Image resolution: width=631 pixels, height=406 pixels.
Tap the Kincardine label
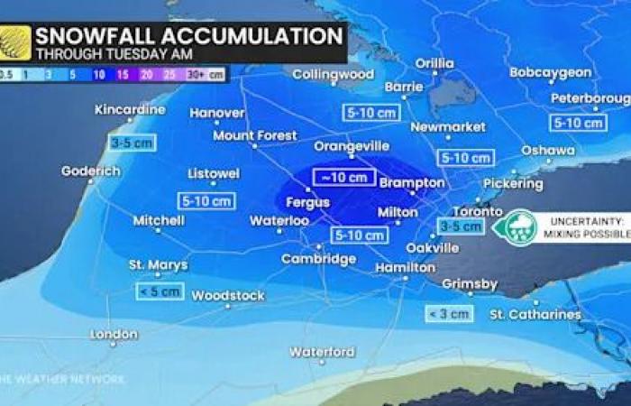point(130,110)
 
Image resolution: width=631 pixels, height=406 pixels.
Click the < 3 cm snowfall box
point(448,313)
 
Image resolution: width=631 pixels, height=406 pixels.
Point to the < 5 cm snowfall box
point(160,291)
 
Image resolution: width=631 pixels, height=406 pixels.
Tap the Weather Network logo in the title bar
point(16,42)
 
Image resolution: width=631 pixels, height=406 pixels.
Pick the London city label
point(114,335)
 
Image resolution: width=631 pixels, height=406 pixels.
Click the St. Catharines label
point(535,314)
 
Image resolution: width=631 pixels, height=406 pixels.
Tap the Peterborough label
point(590,97)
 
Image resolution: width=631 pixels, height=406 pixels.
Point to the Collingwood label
point(333,74)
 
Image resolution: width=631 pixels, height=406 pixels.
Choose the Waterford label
point(322,352)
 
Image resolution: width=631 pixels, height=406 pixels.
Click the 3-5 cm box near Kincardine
point(132,142)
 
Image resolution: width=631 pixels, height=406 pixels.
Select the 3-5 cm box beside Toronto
point(460,226)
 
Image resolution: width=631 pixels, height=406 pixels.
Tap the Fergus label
point(308,203)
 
